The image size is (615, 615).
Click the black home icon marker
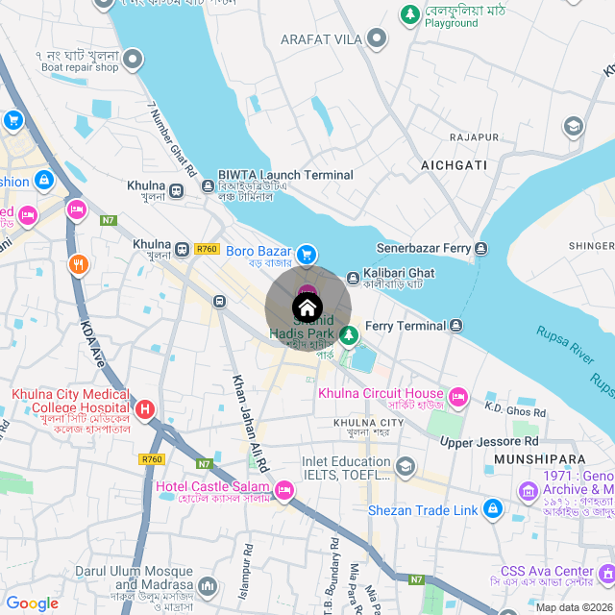(307, 308)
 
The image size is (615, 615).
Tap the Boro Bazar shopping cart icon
(307, 254)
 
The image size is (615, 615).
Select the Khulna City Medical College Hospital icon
(145, 411)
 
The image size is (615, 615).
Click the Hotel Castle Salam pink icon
(283, 491)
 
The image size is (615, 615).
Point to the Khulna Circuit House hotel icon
(458, 396)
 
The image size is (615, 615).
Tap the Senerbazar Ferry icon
(481, 249)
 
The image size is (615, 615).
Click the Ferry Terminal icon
(456, 327)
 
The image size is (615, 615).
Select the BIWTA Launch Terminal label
(285, 175)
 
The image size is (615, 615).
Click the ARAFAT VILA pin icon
(377, 38)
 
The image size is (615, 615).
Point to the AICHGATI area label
(455, 166)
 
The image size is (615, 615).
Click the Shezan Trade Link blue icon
(492, 508)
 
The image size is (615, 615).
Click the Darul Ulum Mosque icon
(209, 584)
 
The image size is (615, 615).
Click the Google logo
(33, 603)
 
